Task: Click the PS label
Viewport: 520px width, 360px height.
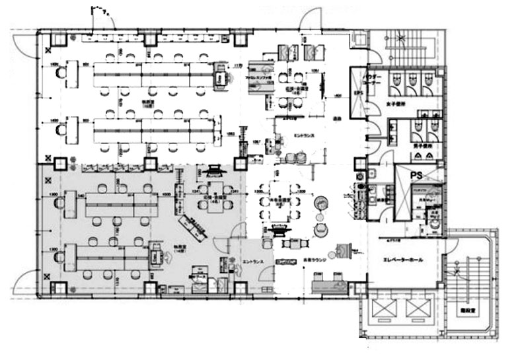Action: click(416, 175)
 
